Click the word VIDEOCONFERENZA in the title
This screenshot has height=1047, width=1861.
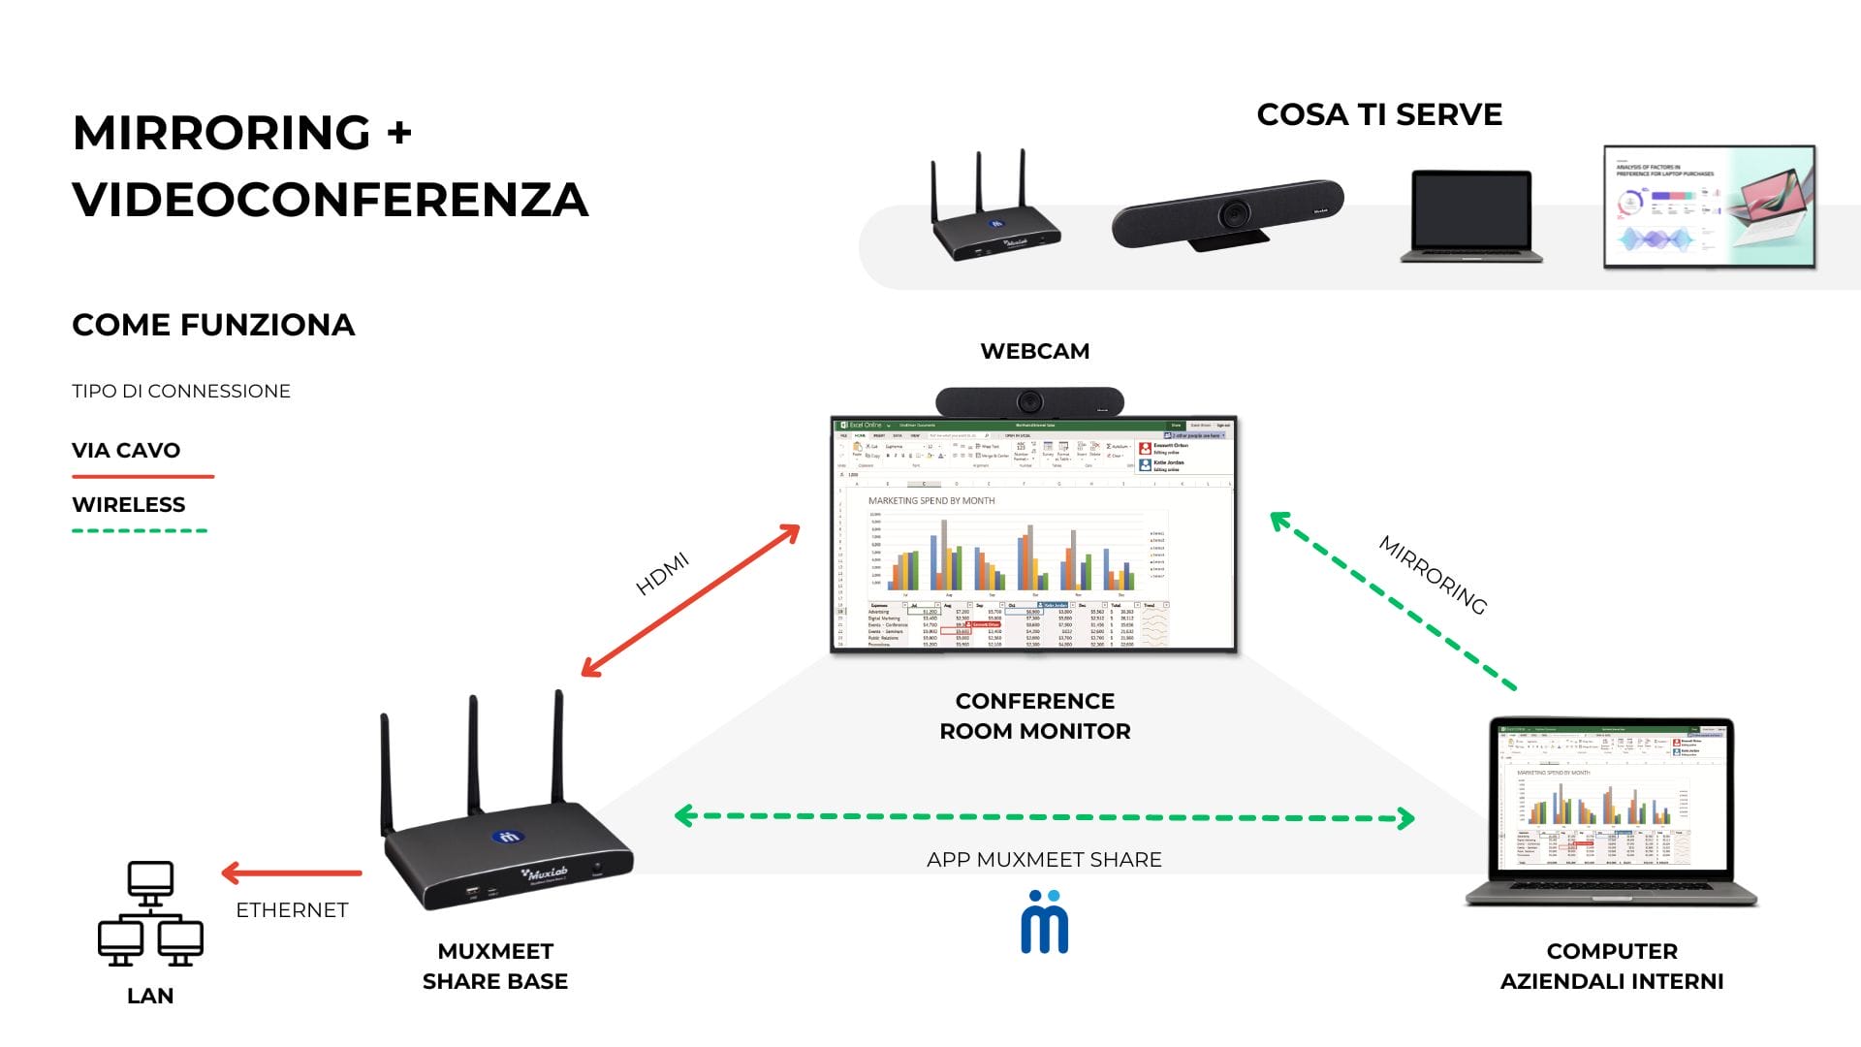[x=330, y=200]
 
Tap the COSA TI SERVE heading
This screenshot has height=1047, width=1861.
[x=1378, y=114]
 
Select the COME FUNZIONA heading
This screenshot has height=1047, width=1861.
[x=213, y=325]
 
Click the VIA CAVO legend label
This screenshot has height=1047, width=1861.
[x=126, y=450]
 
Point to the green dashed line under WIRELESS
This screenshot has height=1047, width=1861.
[x=140, y=530]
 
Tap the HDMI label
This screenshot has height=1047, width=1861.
[x=662, y=573]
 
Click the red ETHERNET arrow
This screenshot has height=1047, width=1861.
[x=291, y=872]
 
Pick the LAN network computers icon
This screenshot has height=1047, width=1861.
[x=150, y=913]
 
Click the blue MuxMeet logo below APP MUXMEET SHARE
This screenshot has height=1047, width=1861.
[x=1044, y=922]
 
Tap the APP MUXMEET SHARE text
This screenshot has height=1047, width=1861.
[x=1044, y=860]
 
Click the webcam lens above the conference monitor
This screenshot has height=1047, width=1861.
[x=1028, y=400]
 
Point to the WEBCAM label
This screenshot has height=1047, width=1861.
[x=1034, y=351]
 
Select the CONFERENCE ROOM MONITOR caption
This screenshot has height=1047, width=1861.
[x=1034, y=715]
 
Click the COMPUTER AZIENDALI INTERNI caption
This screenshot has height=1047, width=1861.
[x=1611, y=966]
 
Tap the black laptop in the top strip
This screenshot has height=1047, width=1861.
[x=1470, y=216]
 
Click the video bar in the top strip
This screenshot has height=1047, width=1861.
[x=1228, y=213]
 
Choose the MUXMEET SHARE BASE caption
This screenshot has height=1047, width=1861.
[x=494, y=966]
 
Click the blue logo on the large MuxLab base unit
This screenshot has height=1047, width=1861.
[x=508, y=837]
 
